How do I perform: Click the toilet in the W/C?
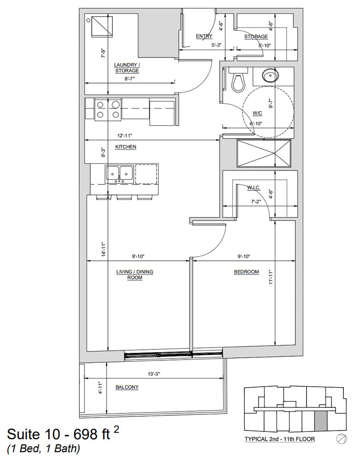(238, 80)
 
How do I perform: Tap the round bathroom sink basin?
(271, 75)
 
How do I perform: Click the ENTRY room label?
(204, 36)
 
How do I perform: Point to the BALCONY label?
(127, 387)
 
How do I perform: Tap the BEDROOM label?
(247, 271)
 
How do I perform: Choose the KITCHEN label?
(126, 147)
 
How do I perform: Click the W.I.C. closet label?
(254, 188)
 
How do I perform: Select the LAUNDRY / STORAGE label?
(127, 68)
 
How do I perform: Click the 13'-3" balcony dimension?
(154, 374)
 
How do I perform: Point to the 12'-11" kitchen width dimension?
(124, 136)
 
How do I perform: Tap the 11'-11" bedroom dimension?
(271, 277)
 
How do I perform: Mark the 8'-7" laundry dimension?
(130, 79)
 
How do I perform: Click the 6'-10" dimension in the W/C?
(256, 124)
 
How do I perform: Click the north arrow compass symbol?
(342, 438)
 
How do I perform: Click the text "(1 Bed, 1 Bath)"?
(43, 448)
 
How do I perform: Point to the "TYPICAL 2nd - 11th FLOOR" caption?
(280, 439)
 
